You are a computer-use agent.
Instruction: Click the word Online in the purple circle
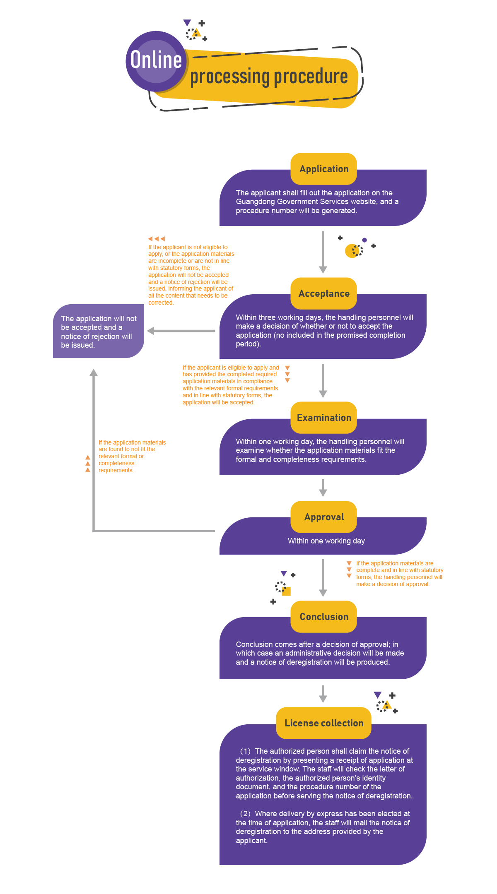point(156,60)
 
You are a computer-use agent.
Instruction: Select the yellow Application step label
point(324,169)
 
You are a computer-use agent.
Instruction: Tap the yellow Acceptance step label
point(324,293)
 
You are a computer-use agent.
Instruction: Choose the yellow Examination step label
point(324,418)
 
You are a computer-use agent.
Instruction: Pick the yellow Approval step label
point(324,517)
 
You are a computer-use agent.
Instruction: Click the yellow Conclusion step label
point(324,617)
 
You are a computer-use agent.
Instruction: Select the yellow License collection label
point(324,723)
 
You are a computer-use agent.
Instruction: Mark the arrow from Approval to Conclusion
point(323,577)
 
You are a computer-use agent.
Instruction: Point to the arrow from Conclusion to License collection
point(323,694)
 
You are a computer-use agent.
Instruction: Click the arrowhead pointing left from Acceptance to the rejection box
point(151,331)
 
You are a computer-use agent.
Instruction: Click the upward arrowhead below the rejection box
point(94,372)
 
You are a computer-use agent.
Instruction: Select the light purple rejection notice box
point(99,332)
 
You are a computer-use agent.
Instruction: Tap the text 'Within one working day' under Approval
point(326,541)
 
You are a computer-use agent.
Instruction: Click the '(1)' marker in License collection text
point(246,751)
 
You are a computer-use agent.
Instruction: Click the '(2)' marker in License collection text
point(246,814)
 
